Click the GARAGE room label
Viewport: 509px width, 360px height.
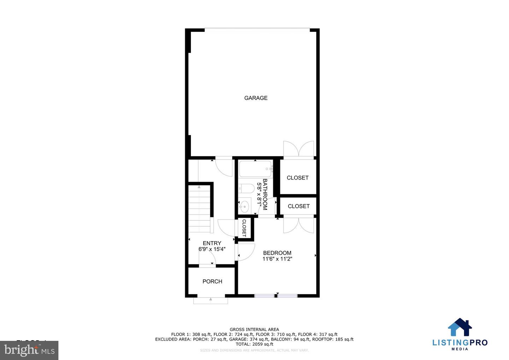(x=256, y=98)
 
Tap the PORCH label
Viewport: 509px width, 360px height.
(x=212, y=281)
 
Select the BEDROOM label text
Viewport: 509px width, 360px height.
(x=277, y=253)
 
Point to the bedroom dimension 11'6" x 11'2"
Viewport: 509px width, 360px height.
(x=277, y=259)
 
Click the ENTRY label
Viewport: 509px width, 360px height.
(x=212, y=243)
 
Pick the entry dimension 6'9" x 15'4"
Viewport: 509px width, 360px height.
(x=212, y=249)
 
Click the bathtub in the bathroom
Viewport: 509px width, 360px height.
(x=255, y=169)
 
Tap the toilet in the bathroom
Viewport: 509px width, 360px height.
(x=246, y=188)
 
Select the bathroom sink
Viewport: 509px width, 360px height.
(x=245, y=206)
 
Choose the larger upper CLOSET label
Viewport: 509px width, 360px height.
(x=298, y=178)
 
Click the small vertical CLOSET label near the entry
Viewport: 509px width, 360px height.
(x=244, y=228)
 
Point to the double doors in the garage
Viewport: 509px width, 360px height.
(x=299, y=149)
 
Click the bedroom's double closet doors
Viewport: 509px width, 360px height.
(x=299, y=225)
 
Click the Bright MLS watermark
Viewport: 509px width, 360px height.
(x=29, y=350)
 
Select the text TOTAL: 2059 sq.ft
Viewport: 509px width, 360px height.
(x=255, y=344)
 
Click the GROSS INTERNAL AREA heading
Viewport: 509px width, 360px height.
(x=255, y=330)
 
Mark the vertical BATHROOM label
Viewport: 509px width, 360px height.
(x=265, y=194)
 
